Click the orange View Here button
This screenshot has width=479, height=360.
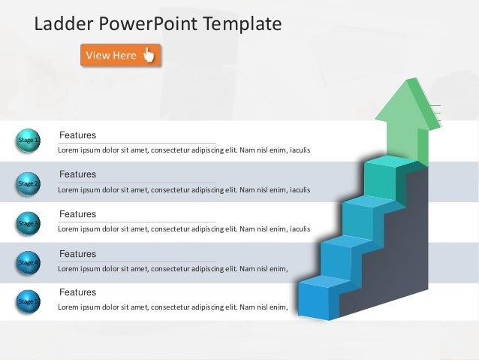tap(120, 55)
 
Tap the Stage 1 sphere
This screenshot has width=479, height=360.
tap(28, 141)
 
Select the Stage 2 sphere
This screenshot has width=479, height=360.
tap(28, 183)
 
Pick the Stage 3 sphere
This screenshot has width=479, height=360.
tap(28, 223)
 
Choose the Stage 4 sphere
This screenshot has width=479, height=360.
tap(28, 262)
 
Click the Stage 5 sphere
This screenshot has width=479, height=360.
tap(28, 301)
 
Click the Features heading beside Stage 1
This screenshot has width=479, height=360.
tap(77, 135)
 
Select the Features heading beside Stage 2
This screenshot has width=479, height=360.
tap(77, 174)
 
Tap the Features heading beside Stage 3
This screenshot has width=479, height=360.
tap(77, 214)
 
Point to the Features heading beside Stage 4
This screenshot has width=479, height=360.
tap(77, 254)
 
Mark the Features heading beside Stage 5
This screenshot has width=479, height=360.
tap(77, 292)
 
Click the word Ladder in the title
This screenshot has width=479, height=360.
tap(63, 24)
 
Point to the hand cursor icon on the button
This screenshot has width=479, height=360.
tap(149, 55)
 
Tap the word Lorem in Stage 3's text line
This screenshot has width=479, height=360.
tap(68, 228)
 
